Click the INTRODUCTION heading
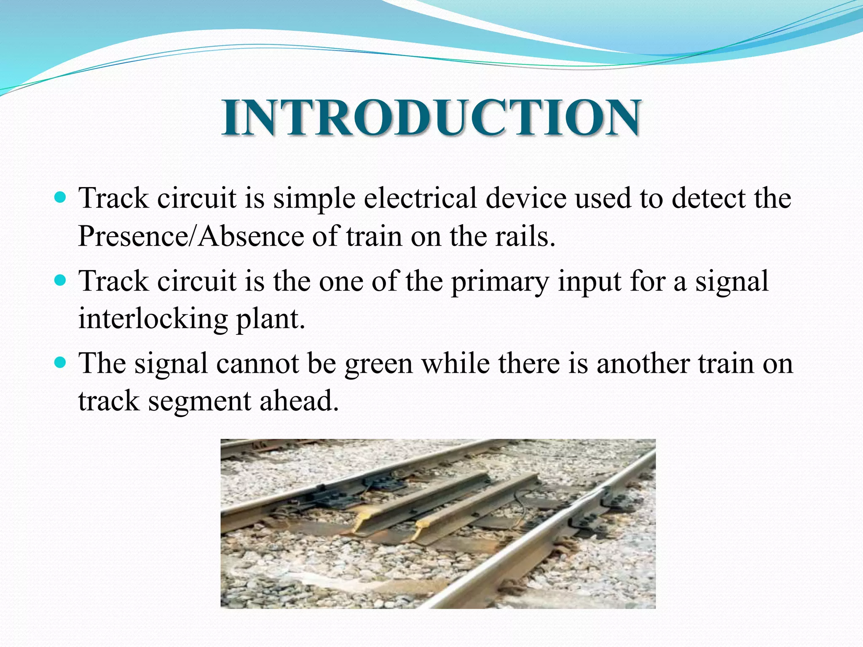[431, 118]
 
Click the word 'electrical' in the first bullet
[420, 198]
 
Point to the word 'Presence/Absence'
[190, 236]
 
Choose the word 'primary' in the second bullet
[500, 281]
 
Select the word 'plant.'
[270, 319]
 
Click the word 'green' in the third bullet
[378, 364]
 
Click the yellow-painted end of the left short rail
[362, 525]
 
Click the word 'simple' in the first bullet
[314, 198]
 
